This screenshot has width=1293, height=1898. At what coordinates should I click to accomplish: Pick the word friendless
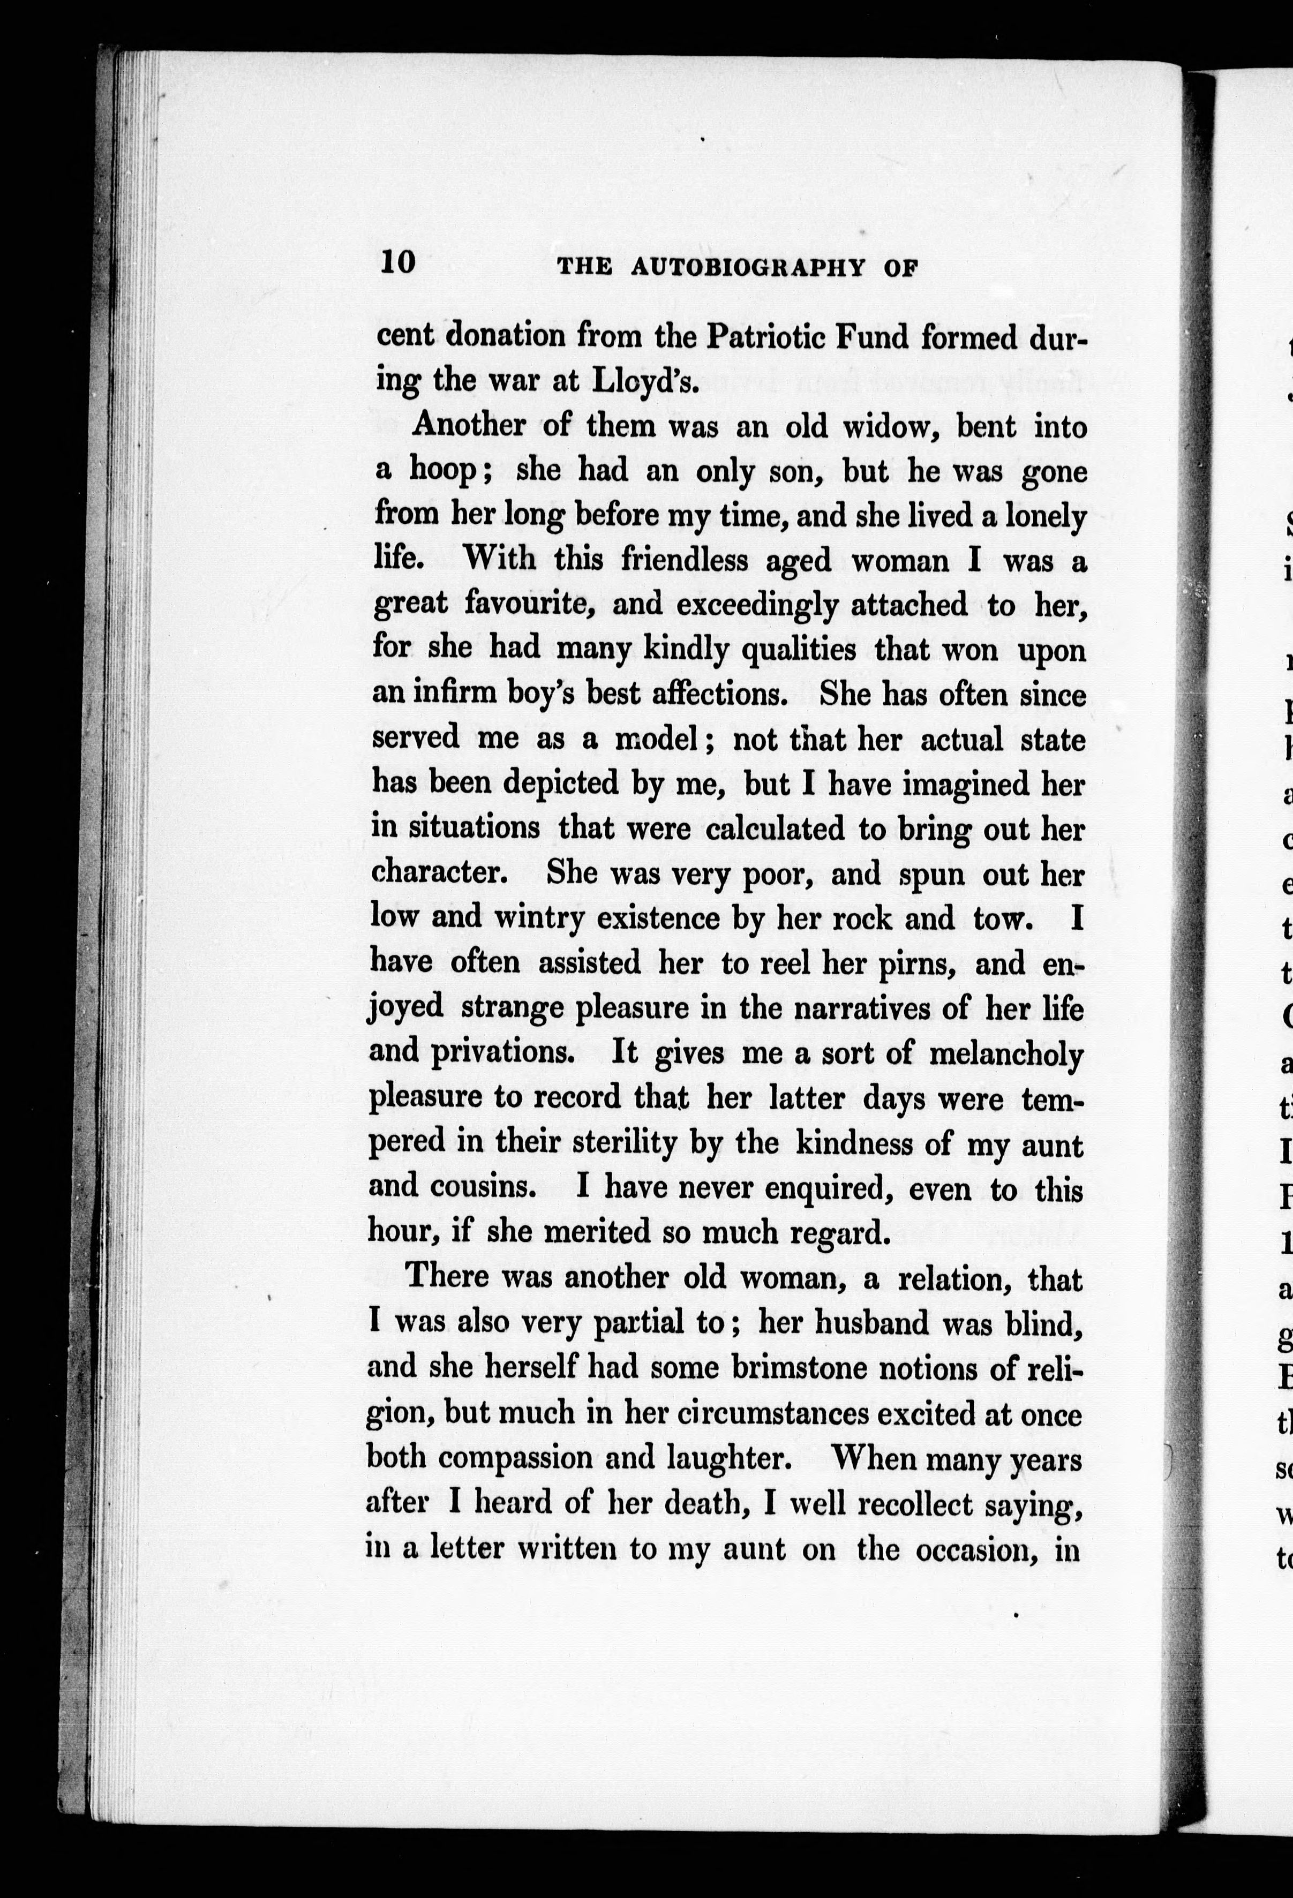click(x=683, y=560)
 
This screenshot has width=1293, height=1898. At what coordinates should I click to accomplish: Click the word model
click(x=657, y=739)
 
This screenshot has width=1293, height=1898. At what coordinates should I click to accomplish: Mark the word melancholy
click(x=1006, y=1053)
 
